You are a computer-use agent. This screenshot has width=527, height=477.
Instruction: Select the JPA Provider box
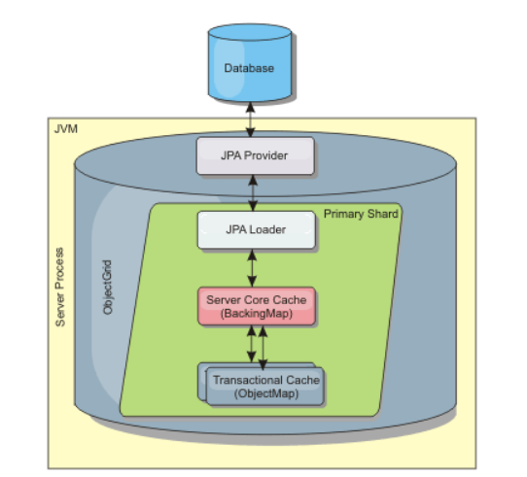[256, 154]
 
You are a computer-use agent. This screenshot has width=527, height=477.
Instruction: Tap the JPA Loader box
[256, 230]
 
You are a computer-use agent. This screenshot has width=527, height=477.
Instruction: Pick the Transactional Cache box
[264, 386]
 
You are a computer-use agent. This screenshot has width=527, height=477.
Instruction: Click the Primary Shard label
[360, 212]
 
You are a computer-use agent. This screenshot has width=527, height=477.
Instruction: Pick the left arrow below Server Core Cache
[250, 345]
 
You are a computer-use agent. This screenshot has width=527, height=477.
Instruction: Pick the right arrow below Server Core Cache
[263, 345]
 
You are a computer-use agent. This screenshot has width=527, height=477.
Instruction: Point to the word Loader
[268, 230]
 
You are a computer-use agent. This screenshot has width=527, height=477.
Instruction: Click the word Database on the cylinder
[249, 69]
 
